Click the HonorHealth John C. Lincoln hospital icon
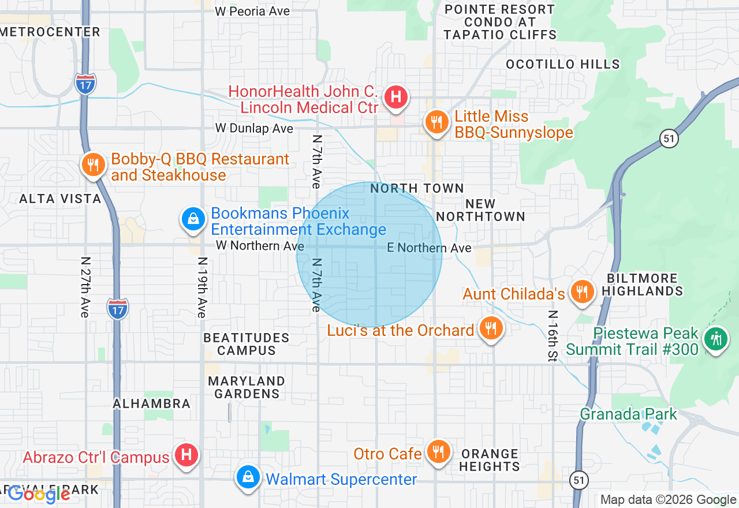396,96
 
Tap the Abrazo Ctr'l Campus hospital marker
186,455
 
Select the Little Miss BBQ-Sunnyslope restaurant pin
437,122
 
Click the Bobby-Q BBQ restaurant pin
92,165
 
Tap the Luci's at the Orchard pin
491,329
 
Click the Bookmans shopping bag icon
192,220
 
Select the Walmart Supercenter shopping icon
248,477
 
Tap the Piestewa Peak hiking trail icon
716,339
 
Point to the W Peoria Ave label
252,11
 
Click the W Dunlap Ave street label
254,128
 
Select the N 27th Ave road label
85,287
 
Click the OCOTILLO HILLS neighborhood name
563,64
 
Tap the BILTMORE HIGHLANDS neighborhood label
642,284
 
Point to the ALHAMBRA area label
152,404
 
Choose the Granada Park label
628,414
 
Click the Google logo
39,494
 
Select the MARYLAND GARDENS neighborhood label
247,387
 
